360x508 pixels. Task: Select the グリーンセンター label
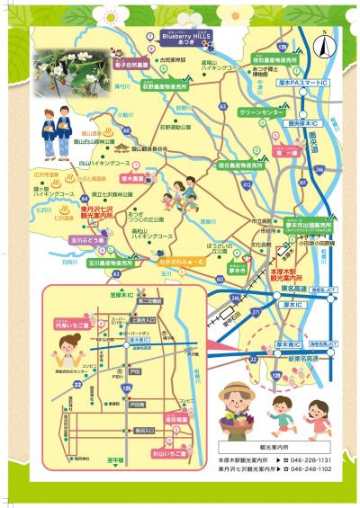(261, 114)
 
